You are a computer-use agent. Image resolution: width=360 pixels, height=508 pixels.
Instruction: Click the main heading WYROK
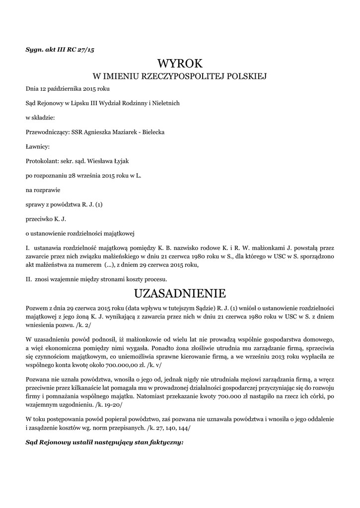(x=180, y=63)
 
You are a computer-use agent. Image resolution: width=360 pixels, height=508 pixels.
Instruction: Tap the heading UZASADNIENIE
(x=180, y=292)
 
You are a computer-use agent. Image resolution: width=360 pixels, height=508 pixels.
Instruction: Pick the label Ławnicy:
(x=37, y=146)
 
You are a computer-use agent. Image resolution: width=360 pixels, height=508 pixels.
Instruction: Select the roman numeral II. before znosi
(x=29, y=279)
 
